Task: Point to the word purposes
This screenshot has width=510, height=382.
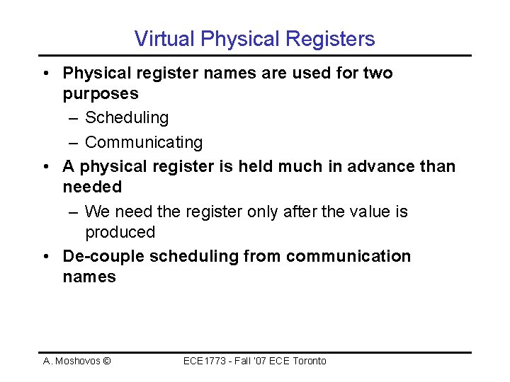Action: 101,94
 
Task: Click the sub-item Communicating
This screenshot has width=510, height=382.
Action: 144,142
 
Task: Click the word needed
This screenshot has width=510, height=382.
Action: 92,187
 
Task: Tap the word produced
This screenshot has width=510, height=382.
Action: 120,232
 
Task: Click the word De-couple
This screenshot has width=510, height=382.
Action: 103,256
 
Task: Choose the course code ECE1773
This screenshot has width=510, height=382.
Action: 203,361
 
